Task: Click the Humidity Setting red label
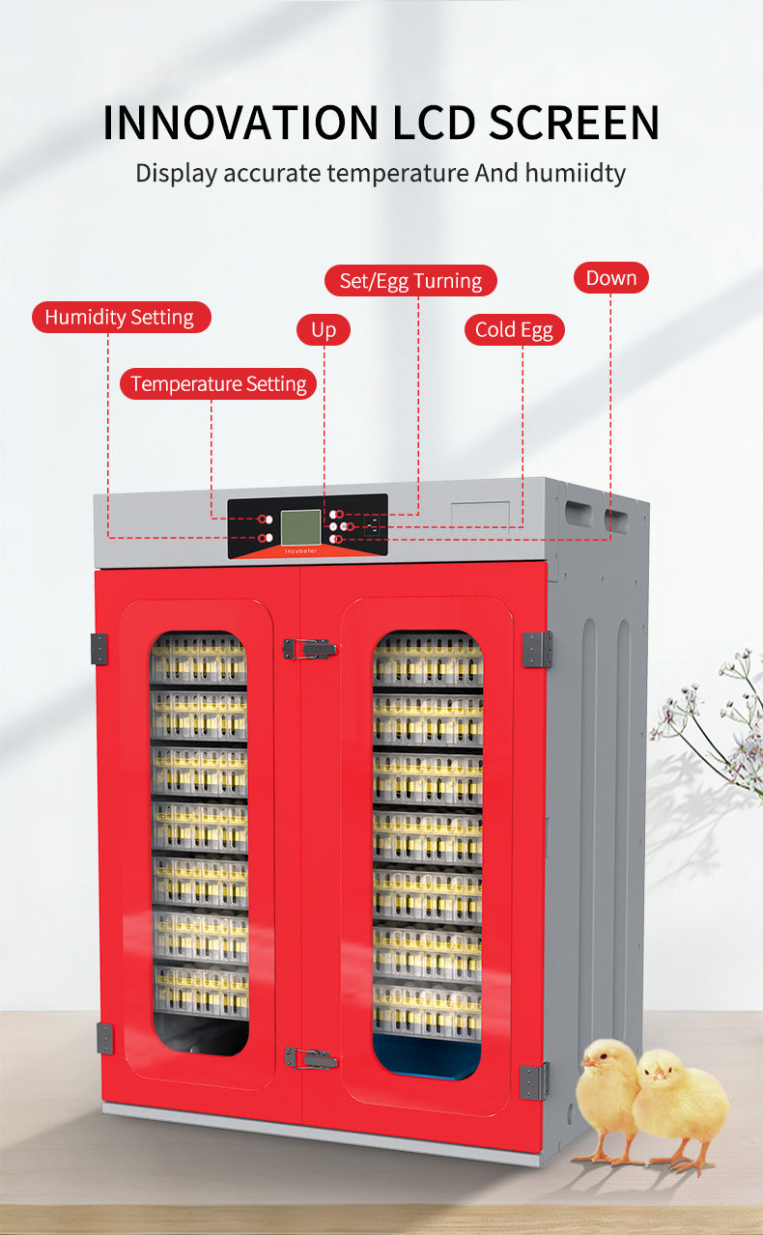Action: coord(122,317)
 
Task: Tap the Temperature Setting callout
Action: coord(218,383)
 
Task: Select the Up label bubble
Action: coord(324,329)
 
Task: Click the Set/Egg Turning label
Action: coord(410,281)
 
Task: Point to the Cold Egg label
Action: coord(515,329)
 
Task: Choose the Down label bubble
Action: coord(610,278)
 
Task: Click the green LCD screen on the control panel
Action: coord(300,527)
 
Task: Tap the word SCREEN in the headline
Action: coord(574,123)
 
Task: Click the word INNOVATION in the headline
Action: coord(240,123)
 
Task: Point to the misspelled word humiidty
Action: coord(575,173)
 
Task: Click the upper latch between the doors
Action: coord(310,648)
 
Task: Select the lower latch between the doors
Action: coord(310,1057)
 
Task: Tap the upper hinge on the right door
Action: coord(537,650)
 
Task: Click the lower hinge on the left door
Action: coord(104,1039)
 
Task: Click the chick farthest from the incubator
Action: coord(682,1111)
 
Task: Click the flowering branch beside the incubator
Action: coord(711,722)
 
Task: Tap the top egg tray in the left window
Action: coord(198,659)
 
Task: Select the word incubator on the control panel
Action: coord(301,551)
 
